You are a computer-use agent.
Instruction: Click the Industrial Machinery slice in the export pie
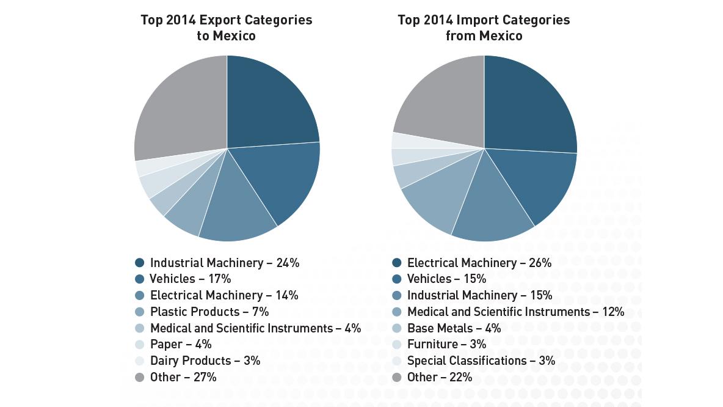click(269, 107)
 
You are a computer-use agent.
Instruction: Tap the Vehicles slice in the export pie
click(281, 177)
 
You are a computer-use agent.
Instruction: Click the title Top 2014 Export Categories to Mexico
click(226, 28)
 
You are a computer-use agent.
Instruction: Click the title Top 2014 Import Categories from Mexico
click(484, 28)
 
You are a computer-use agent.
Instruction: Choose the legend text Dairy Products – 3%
click(205, 361)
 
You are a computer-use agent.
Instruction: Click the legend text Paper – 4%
click(181, 344)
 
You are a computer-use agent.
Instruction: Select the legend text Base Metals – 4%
click(454, 328)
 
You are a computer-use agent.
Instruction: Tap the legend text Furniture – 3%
click(446, 344)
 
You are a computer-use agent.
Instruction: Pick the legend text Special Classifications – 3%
click(481, 361)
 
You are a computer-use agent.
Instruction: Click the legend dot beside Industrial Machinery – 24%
click(140, 263)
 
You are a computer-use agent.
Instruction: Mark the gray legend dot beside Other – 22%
click(397, 377)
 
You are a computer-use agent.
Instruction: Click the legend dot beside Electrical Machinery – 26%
click(397, 263)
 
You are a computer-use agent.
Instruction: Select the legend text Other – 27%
click(183, 377)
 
